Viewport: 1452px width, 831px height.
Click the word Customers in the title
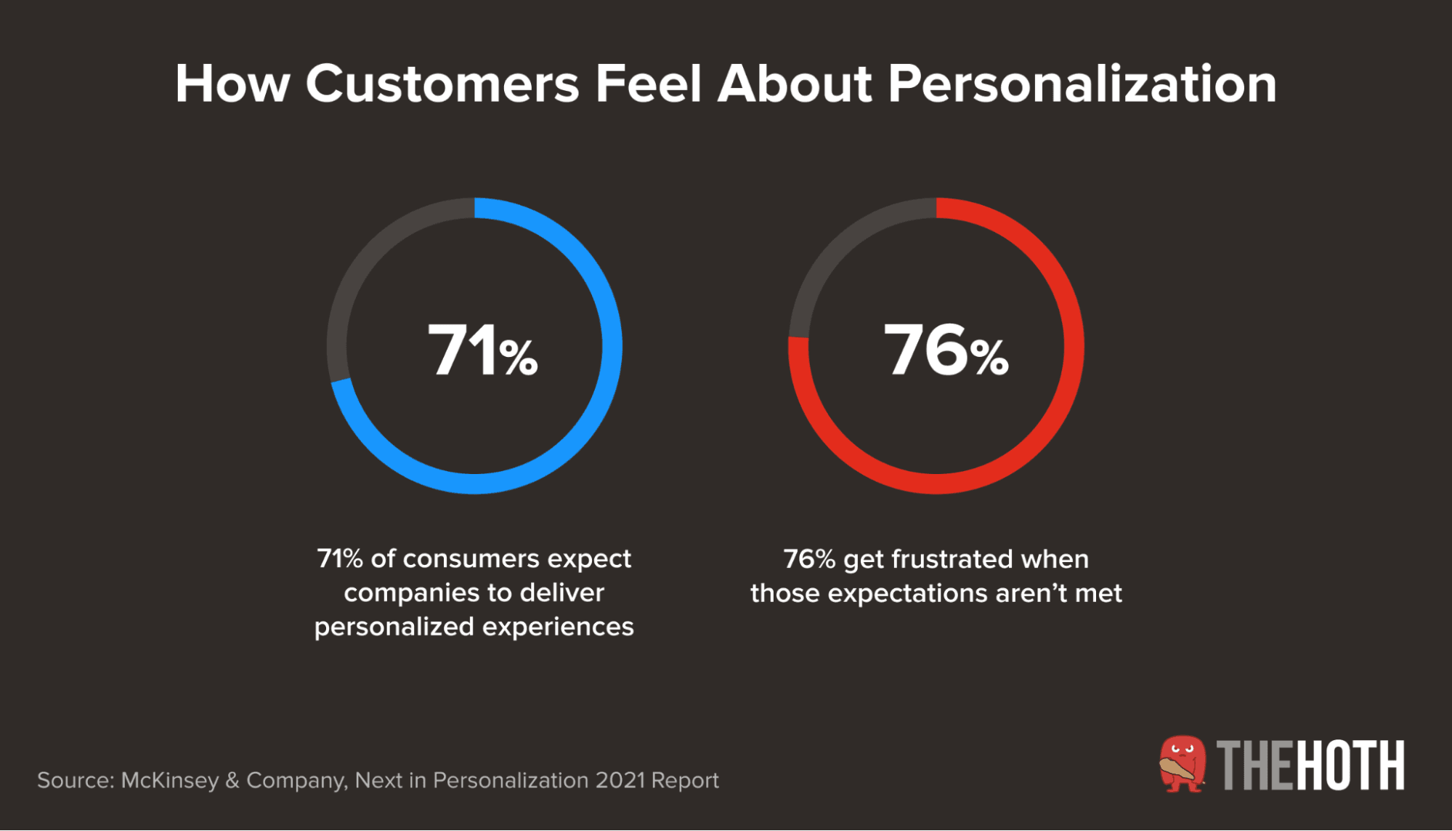[x=442, y=84]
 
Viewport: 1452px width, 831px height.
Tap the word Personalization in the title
[x=1082, y=84]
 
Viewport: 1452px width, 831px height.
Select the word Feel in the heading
[x=649, y=84]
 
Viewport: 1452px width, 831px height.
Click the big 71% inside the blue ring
[x=482, y=350]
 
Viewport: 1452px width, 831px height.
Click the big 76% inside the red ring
[x=945, y=350]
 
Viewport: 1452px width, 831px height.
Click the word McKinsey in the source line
[x=169, y=780]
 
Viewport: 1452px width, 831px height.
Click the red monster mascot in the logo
[x=1183, y=763]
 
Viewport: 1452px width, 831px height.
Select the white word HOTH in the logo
[x=1350, y=766]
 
